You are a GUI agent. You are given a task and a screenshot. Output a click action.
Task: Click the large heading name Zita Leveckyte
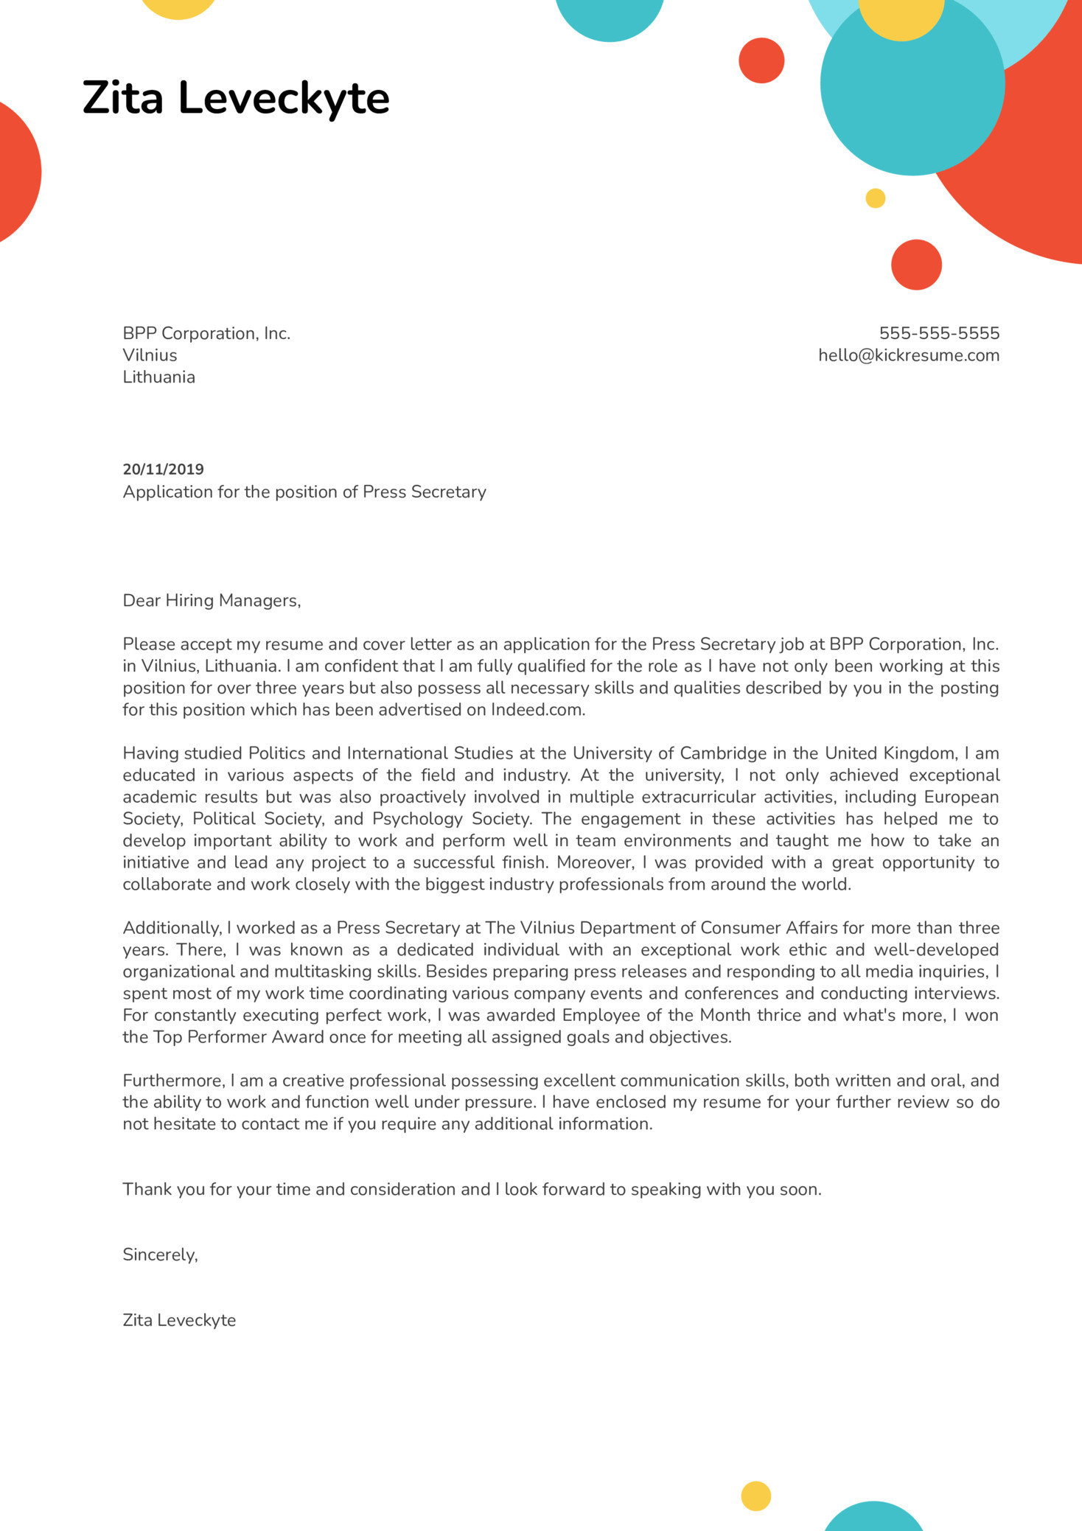pos(236,99)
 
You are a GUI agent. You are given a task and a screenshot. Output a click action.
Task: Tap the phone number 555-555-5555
pos(939,333)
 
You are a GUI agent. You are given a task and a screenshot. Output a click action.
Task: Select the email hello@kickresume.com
pos(908,355)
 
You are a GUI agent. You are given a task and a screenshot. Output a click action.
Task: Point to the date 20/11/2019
pos(163,470)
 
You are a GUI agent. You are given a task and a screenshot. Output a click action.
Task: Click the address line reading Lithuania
pos(158,377)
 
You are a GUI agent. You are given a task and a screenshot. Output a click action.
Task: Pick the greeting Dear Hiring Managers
pos(212,601)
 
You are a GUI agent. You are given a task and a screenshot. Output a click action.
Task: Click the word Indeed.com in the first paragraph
pos(537,710)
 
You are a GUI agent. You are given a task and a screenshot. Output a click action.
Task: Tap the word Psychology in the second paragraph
pos(417,819)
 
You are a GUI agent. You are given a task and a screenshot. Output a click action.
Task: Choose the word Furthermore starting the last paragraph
pos(173,1081)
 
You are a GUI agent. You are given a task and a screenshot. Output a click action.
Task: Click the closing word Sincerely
pos(160,1255)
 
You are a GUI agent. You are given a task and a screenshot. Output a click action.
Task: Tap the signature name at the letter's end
pos(179,1320)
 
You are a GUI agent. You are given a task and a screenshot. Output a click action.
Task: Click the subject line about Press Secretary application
pos(304,492)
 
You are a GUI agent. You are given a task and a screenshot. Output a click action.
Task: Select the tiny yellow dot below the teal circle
pos(875,198)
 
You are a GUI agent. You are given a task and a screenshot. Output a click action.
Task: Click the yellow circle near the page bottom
pos(755,1496)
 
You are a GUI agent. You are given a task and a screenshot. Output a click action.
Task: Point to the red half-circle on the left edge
pos(16,172)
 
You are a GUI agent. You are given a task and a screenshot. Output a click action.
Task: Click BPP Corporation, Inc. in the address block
pos(206,333)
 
